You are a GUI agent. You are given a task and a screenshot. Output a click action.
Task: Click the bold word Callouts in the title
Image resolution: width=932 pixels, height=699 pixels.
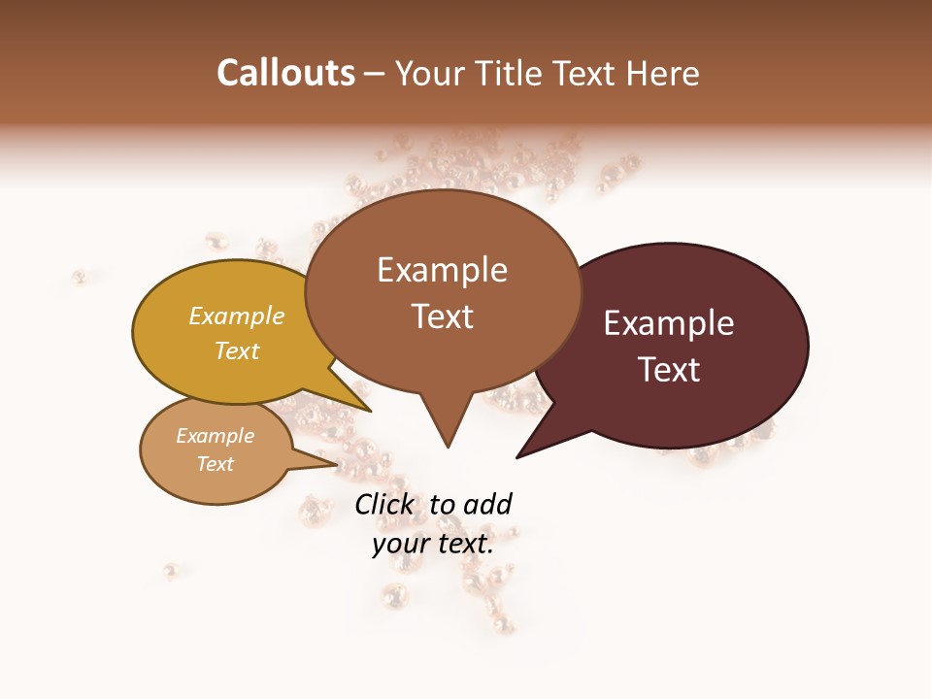pos(286,73)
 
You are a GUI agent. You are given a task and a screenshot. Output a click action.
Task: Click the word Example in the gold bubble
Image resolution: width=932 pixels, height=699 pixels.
pos(237,316)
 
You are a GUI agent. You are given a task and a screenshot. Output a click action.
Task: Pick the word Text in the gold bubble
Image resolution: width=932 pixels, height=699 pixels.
pos(237,350)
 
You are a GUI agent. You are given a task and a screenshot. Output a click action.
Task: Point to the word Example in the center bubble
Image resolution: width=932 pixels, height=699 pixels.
pos(442,270)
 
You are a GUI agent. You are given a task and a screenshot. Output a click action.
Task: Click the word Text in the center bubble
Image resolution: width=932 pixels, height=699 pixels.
pos(443,316)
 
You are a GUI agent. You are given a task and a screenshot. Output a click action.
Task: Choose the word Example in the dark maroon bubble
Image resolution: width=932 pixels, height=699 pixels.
pos(669,323)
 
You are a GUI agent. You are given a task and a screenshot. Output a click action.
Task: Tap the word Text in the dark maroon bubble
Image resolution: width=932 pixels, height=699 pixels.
pos(670,370)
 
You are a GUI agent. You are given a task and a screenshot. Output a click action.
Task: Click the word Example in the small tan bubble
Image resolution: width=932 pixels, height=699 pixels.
pos(216,436)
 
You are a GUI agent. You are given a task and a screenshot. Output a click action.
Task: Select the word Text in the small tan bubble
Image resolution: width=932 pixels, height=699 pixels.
pos(216,464)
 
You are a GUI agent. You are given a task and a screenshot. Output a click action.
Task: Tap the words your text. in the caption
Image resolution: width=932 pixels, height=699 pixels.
pos(433,544)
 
